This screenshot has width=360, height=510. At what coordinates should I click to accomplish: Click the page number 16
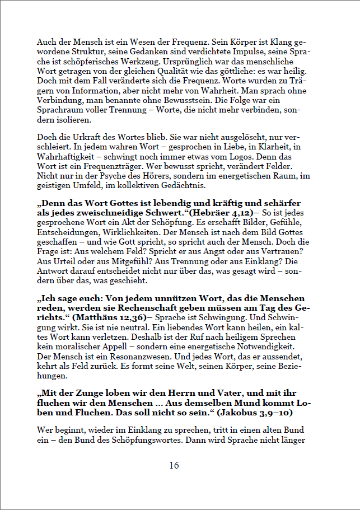click(174, 466)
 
